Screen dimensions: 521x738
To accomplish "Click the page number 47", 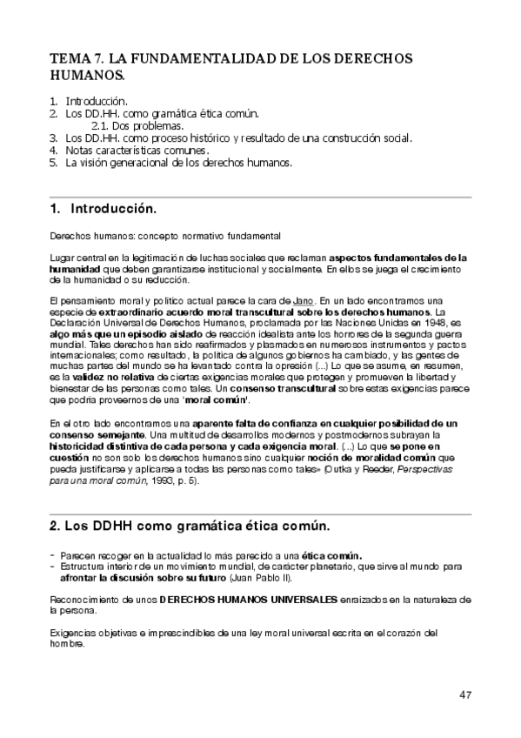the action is point(465,694).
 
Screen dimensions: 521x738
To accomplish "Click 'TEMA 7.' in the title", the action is point(76,58).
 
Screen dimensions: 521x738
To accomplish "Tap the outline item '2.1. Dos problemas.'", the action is point(137,125).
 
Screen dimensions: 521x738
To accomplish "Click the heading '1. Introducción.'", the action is point(103,210).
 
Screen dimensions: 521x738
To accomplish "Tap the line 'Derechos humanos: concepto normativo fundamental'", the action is point(164,236).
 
